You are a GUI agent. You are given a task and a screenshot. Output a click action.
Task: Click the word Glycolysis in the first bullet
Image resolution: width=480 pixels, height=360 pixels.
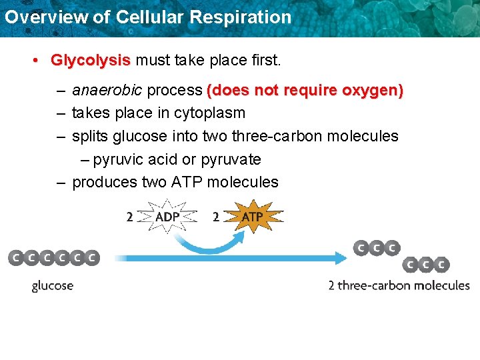coord(91,61)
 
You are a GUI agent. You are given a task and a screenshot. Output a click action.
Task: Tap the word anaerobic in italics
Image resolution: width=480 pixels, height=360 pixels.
coord(107,90)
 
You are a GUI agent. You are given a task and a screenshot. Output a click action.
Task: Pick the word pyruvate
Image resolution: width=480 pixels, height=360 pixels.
coord(231,160)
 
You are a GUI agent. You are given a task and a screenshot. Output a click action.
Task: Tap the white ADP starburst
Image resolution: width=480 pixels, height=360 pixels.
coord(167,217)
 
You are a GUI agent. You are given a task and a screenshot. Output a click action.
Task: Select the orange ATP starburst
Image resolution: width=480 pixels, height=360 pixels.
coord(252,217)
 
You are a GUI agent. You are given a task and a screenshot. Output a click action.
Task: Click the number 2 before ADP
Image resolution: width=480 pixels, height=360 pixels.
coord(130,217)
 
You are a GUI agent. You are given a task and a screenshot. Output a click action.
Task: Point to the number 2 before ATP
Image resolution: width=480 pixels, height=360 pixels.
coord(215,217)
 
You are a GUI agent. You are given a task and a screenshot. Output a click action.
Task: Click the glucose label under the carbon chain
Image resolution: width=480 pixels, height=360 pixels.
coord(53,286)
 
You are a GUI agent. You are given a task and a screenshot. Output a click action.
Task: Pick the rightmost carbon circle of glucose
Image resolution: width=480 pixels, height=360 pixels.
coord(92,257)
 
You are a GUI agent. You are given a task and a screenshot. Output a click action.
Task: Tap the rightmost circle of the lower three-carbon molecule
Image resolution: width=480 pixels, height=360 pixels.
coord(442,265)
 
